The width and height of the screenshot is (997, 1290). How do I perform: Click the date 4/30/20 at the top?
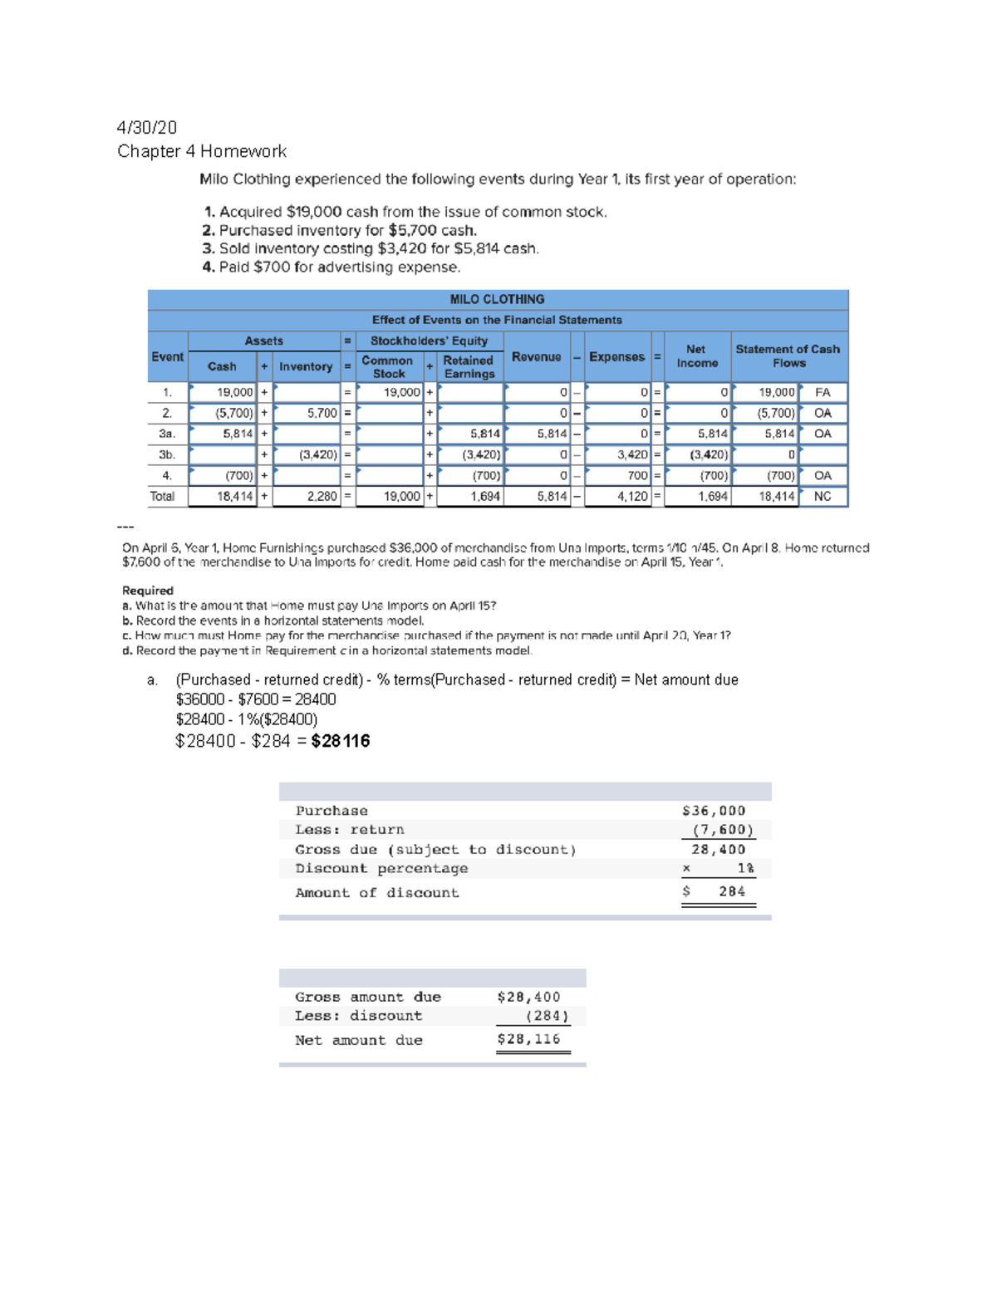(147, 127)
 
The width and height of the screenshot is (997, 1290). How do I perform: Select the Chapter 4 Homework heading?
(202, 151)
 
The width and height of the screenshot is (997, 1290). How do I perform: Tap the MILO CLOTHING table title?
(497, 299)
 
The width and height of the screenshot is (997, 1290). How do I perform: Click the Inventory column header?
(306, 366)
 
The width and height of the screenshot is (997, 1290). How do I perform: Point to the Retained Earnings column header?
(469, 366)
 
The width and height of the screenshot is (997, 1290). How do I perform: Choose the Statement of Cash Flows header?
(788, 356)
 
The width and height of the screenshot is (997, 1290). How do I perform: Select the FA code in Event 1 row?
(823, 392)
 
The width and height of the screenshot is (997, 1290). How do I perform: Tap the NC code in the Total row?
(823, 496)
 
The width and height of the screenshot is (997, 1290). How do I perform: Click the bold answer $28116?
(341, 741)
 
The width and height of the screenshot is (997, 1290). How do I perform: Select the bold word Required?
(148, 591)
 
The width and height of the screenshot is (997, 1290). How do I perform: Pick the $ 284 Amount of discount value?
(720, 891)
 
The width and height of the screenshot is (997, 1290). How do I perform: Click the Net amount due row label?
(359, 1040)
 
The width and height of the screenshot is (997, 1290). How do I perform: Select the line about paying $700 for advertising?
(332, 267)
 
